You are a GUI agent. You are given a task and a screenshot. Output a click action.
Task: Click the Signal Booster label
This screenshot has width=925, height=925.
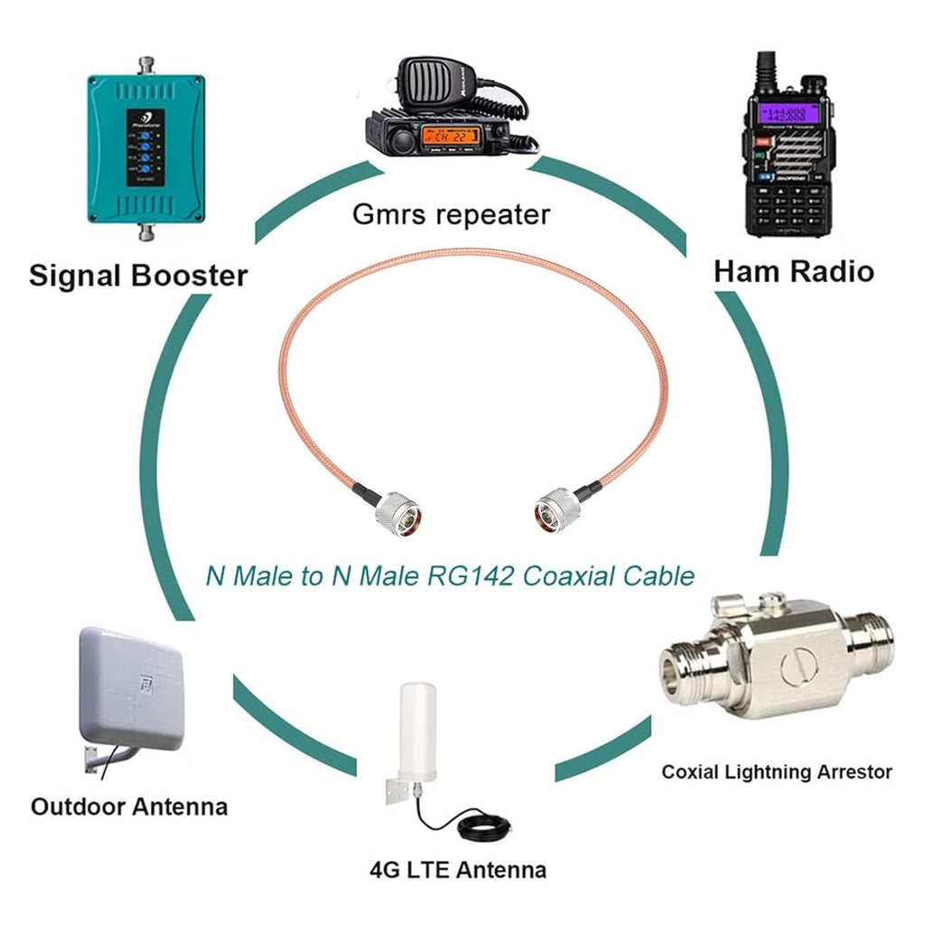coord(138,275)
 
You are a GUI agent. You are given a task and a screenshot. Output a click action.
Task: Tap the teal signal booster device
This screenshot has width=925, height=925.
coord(145,149)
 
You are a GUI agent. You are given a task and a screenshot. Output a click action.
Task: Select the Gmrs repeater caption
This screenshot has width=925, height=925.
coord(451,215)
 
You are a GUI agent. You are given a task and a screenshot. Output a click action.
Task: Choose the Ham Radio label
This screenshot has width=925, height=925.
coord(793,271)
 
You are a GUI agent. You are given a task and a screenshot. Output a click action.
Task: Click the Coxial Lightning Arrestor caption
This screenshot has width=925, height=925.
coord(776,772)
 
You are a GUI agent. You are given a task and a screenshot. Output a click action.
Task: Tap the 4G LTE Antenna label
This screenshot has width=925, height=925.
coord(457,871)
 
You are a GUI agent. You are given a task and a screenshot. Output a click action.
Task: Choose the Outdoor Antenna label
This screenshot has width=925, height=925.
coord(129,806)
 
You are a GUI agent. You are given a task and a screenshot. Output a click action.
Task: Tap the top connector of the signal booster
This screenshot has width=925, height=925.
coord(145,65)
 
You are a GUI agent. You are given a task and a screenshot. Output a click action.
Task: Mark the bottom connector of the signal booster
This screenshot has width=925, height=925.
coord(145,233)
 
